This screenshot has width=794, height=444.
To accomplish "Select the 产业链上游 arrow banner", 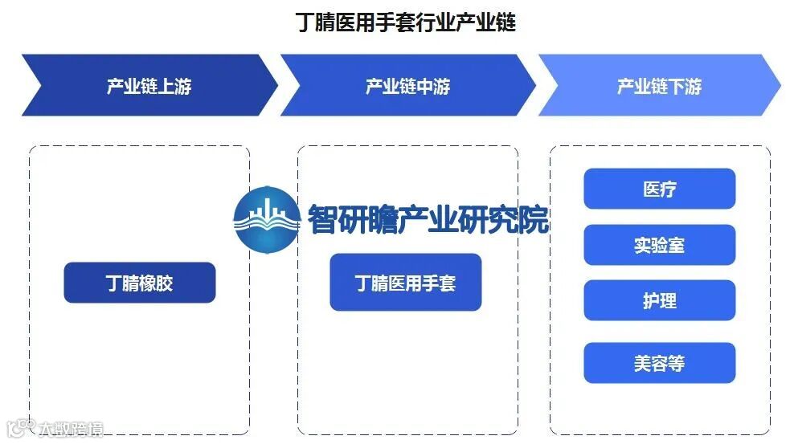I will click(149, 86).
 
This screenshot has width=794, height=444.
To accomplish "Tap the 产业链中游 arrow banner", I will click(407, 86).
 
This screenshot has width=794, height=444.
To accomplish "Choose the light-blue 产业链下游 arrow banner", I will click(658, 86).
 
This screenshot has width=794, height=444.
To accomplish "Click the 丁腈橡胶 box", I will click(140, 283).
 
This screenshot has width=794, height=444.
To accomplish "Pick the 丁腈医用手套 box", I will click(405, 283).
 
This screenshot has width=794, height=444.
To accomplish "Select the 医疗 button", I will click(659, 189).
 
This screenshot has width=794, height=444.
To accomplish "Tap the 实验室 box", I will click(659, 245).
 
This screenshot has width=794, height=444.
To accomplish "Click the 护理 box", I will click(659, 300).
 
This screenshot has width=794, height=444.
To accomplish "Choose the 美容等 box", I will click(659, 363).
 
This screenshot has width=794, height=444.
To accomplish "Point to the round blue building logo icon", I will click(265, 218).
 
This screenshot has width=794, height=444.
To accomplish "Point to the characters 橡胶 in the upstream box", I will click(157, 283).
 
